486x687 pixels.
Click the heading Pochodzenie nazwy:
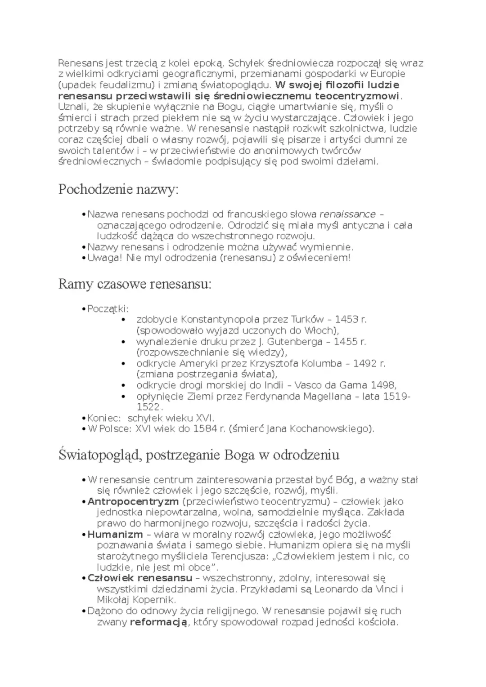pos(118,190)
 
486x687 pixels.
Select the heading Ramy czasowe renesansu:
pos(135,284)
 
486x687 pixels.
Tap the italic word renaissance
pos(347,214)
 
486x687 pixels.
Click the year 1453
pos(346,320)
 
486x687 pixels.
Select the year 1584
pos(205,429)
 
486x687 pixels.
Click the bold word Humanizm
pos(115,535)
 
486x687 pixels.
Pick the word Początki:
pos(108,309)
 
